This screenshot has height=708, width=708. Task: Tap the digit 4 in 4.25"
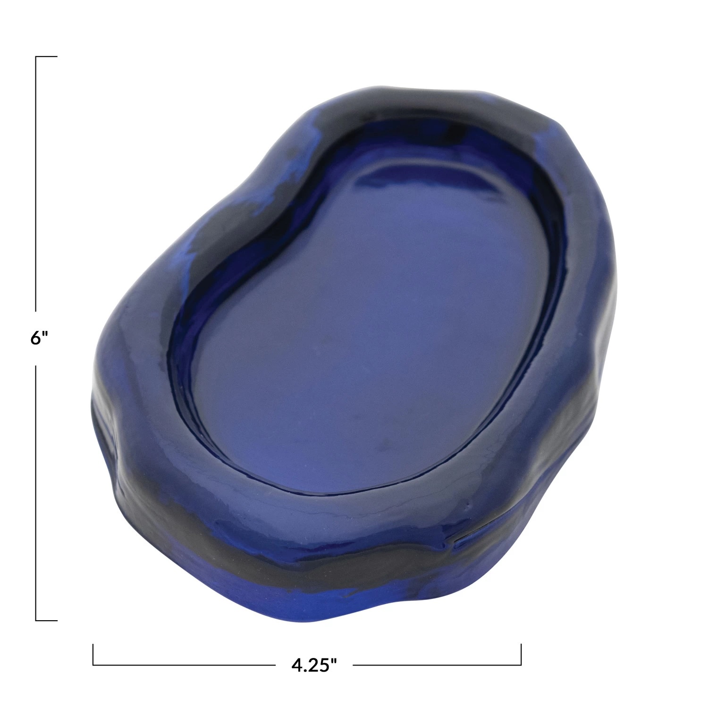(296, 666)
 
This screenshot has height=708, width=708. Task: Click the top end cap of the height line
(46, 57)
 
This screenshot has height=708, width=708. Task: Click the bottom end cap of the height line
(46, 620)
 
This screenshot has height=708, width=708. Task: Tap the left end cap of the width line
(93, 655)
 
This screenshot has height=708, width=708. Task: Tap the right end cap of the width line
(521, 655)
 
